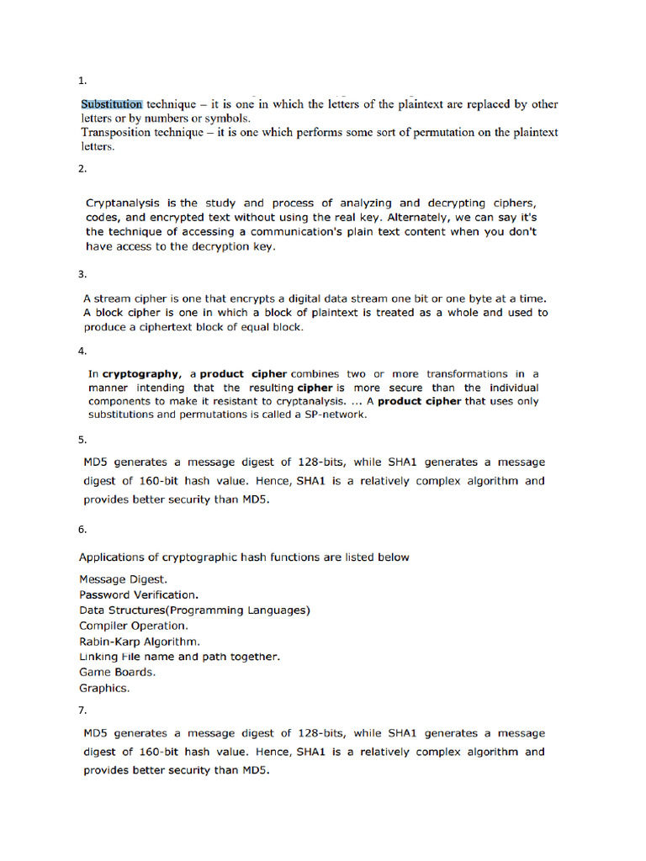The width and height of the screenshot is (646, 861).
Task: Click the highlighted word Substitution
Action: point(112,104)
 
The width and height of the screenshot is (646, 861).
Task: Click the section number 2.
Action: point(82,168)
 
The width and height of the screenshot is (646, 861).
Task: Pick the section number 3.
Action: point(82,274)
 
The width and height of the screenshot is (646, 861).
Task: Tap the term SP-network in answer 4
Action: point(334,415)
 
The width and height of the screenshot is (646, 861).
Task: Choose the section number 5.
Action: point(82,440)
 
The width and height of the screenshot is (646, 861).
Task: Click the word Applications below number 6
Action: point(112,557)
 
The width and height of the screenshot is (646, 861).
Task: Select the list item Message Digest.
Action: point(123,579)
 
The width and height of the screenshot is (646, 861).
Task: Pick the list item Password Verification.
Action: point(139,594)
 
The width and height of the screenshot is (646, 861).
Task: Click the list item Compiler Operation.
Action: point(134,626)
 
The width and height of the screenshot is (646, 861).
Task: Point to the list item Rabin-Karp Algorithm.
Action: point(140,642)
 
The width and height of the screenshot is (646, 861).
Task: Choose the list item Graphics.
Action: point(104,688)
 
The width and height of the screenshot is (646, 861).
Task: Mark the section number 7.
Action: point(82,710)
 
